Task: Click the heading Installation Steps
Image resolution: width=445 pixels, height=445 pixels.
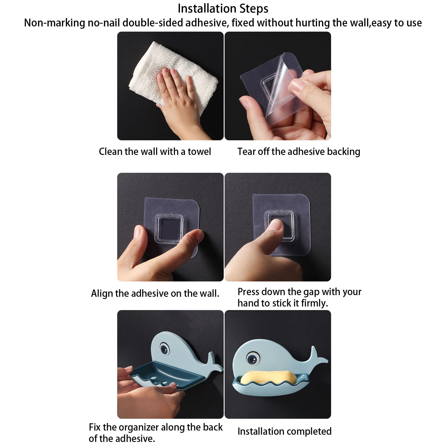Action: coord(223,9)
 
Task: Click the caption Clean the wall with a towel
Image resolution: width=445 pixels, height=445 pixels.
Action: coord(155,152)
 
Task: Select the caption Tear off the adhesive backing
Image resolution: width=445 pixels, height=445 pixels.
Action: coord(299,152)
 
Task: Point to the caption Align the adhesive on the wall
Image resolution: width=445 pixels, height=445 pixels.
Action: coord(155,293)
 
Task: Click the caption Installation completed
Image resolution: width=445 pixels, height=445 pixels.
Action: coord(285,431)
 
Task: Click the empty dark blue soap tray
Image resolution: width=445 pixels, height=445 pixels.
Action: coord(167,374)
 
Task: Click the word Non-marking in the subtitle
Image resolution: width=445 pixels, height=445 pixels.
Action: coord(54,23)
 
